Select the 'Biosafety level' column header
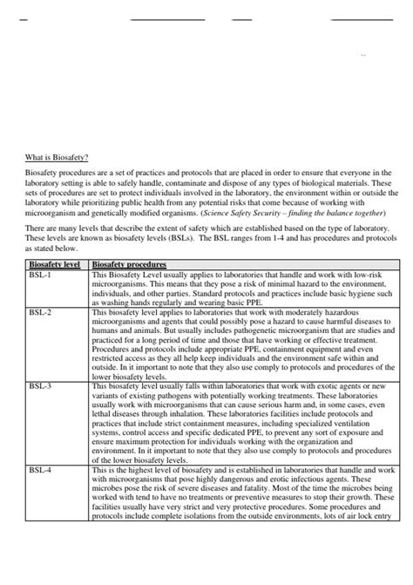(56, 262)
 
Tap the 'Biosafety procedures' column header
(128, 262)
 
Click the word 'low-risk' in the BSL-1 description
(376, 275)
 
